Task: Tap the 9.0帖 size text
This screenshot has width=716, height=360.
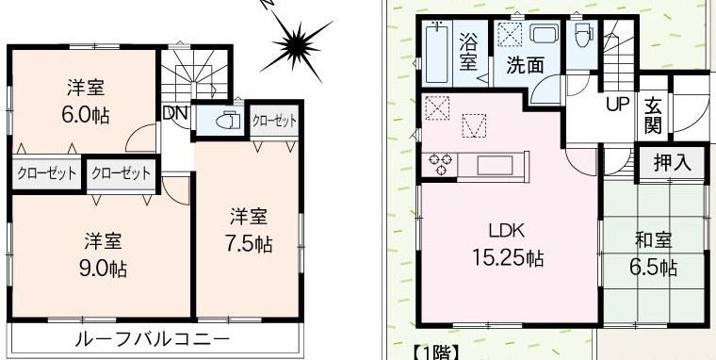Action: [103, 268]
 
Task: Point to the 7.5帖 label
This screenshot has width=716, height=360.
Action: [249, 244]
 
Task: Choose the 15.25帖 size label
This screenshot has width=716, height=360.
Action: [506, 256]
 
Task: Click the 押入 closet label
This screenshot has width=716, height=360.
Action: [672, 162]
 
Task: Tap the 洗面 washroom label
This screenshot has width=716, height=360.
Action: [524, 66]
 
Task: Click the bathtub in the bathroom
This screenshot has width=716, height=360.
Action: [436, 55]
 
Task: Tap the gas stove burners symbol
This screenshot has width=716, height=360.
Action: [440, 166]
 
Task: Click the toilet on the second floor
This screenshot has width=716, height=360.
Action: [226, 120]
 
